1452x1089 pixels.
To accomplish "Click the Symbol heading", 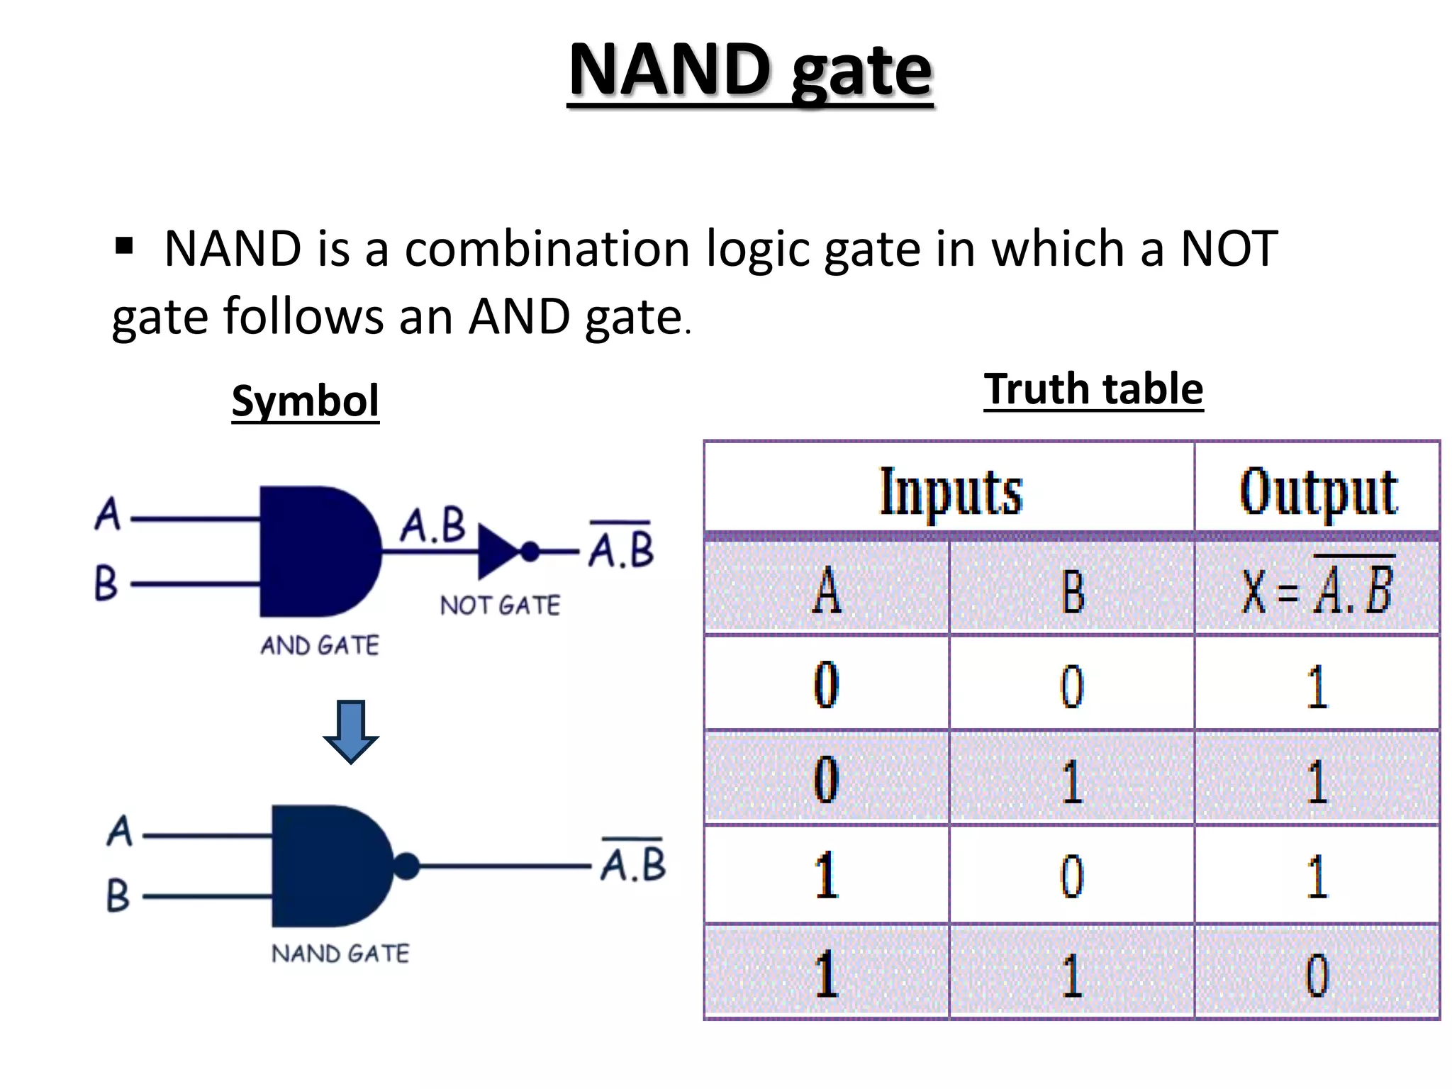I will click(x=305, y=401).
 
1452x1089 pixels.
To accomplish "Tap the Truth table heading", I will click(x=1093, y=389).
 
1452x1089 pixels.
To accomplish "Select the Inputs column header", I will click(x=950, y=491).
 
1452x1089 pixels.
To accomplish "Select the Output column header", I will click(x=1317, y=491).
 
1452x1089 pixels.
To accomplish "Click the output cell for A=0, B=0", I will click(x=1317, y=686).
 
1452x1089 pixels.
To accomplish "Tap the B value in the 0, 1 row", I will click(x=1071, y=781).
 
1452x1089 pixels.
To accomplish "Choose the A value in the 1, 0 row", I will click(x=826, y=876).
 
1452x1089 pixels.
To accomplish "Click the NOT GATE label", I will click(x=499, y=605).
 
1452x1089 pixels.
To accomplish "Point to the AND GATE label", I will click(x=319, y=645).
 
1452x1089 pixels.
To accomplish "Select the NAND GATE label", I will click(x=340, y=954).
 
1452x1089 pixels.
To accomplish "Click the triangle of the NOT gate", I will click(x=496, y=551).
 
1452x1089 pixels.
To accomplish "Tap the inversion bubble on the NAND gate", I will click(x=406, y=866).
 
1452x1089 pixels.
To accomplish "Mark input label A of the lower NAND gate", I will click(x=120, y=831).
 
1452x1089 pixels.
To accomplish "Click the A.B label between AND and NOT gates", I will click(x=432, y=525).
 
